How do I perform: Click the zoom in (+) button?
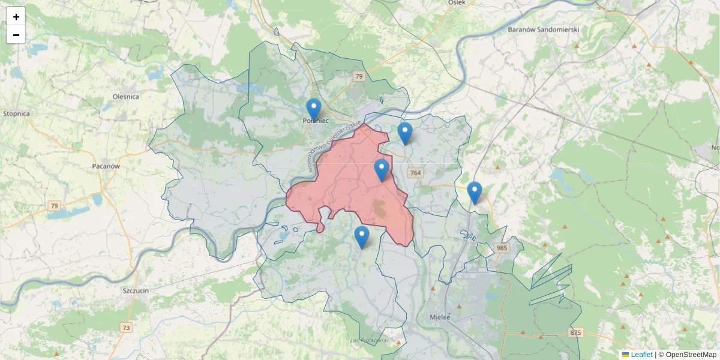pos(16,17)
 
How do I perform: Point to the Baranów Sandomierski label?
pos(542,29)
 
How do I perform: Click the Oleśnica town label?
pos(126,96)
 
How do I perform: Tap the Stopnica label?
pos(16,113)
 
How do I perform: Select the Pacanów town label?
pos(106,166)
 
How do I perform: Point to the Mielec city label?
pos(440,317)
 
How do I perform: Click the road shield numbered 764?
pos(415,173)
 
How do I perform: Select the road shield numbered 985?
pos(502,247)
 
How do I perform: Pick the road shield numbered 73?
pos(126,328)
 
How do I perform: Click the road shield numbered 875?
pos(576,332)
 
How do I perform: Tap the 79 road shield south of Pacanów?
pos(55,206)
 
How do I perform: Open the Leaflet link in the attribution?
pos(641,355)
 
